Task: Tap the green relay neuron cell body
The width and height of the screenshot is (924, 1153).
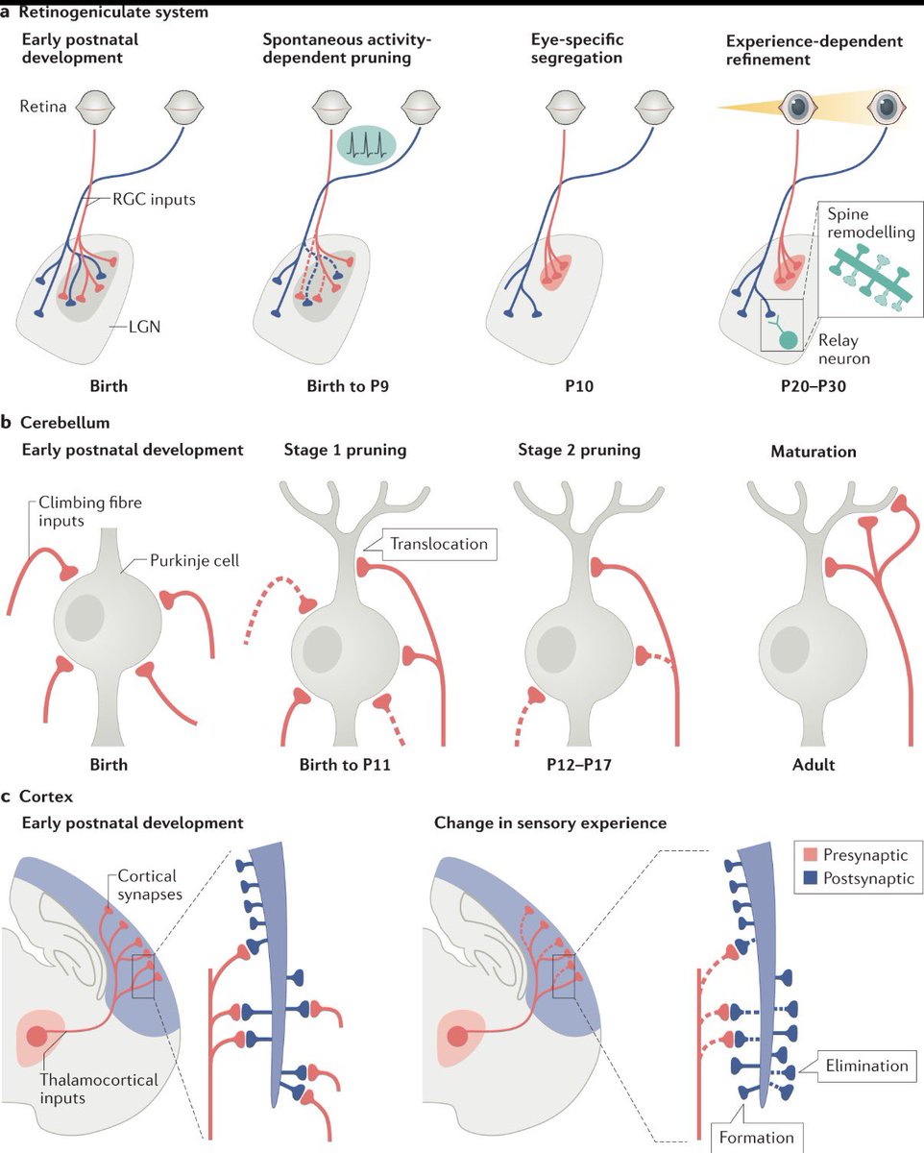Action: click(788, 339)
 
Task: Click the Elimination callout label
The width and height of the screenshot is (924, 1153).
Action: click(865, 1066)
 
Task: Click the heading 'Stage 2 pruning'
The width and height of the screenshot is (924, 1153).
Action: click(579, 450)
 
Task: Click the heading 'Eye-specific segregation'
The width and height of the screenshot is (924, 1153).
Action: click(576, 48)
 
